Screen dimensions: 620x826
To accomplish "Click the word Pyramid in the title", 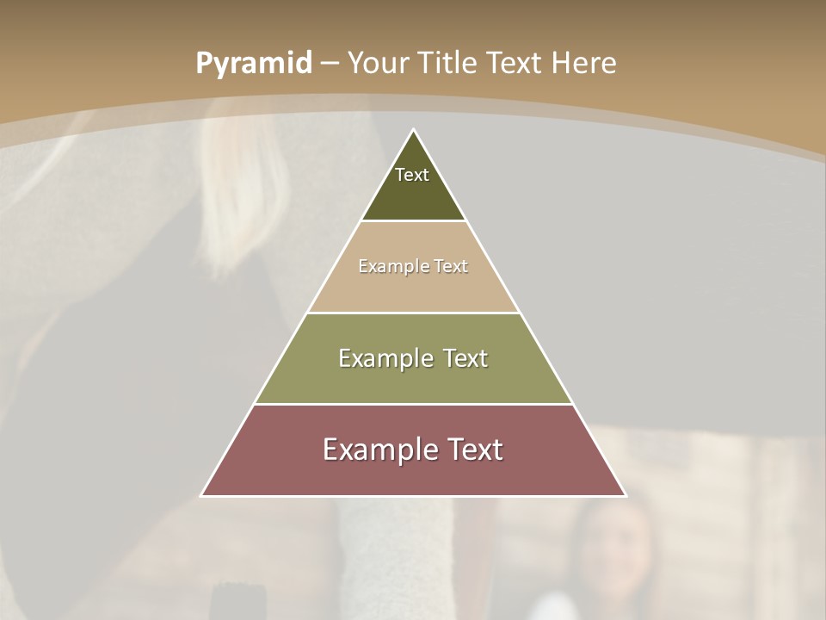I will pos(254,64).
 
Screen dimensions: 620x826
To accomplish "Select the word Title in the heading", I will pos(447,63).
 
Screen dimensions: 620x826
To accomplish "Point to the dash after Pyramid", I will pos(330,64).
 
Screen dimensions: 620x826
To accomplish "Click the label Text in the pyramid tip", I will pos(412,175).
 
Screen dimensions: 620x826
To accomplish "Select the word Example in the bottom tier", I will pos(379,449).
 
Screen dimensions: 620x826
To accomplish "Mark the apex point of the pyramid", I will pos(414,130).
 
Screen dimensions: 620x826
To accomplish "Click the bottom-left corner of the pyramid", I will pos(202,495).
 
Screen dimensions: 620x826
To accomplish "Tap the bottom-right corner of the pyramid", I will pos(625,495).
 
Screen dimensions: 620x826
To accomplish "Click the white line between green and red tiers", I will pos(413,404).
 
